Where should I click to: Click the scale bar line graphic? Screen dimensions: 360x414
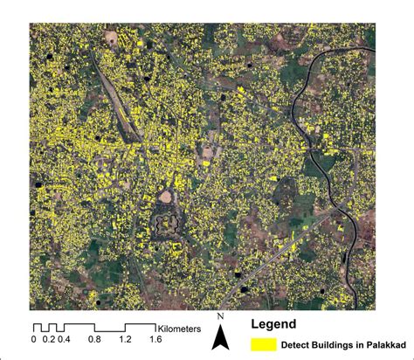pyautogui.click(x=94, y=327)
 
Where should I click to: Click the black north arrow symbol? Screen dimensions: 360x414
pyautogui.click(x=222, y=334)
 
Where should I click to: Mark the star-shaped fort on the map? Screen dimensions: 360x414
pyautogui.click(x=166, y=225)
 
